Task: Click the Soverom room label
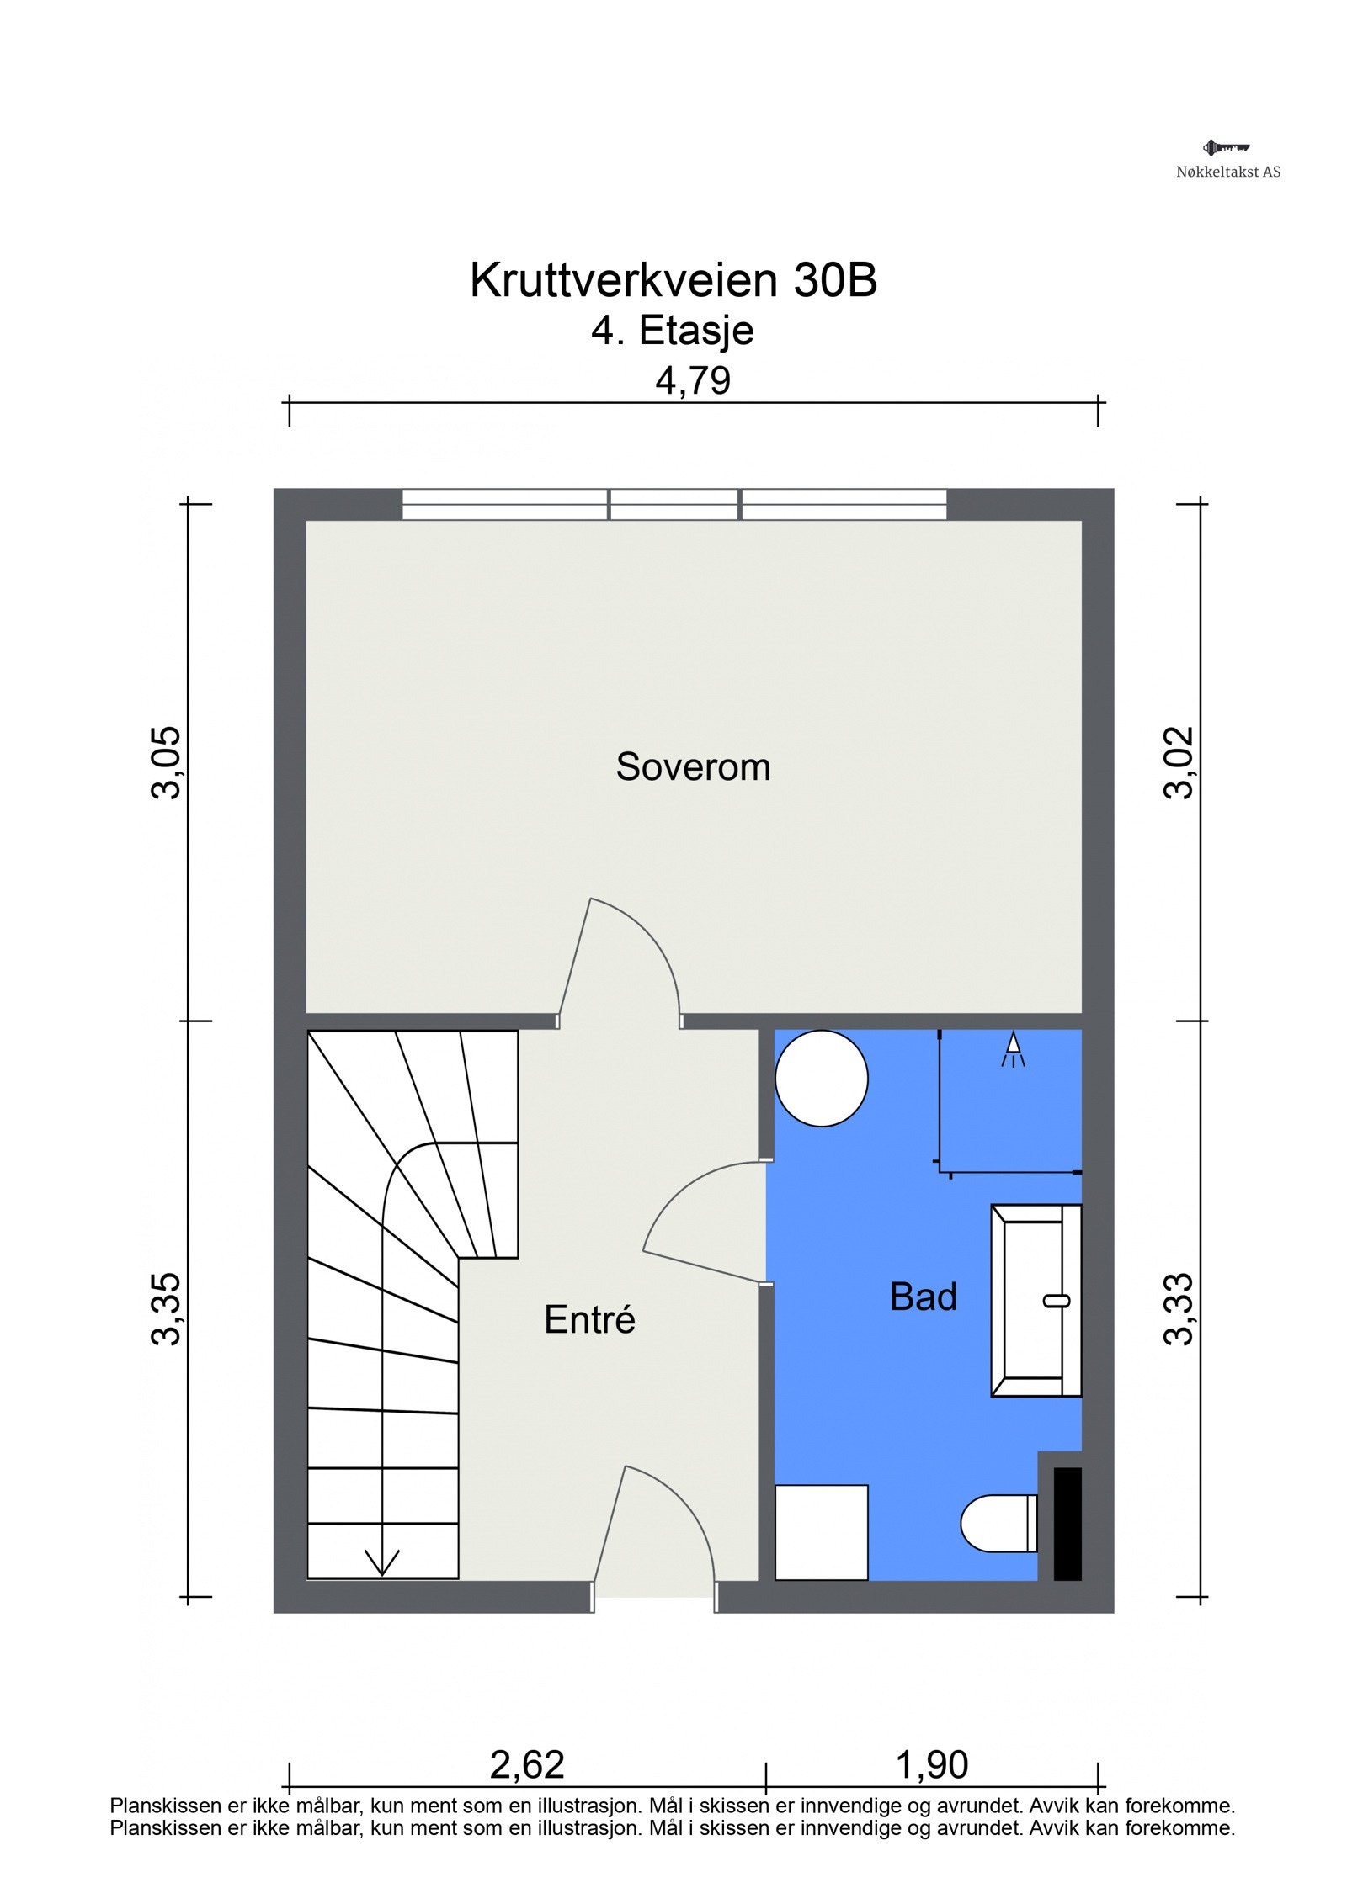pyautogui.click(x=693, y=767)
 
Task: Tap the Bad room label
pyautogui.click(x=923, y=1297)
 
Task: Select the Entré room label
pyautogui.click(x=589, y=1318)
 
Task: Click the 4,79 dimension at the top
pyautogui.click(x=693, y=382)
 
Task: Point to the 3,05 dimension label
pyautogui.click(x=166, y=761)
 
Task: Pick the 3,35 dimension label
pyautogui.click(x=166, y=1309)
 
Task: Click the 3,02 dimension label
pyautogui.click(x=1179, y=761)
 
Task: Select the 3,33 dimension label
pyautogui.click(x=1179, y=1309)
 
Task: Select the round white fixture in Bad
pyautogui.click(x=821, y=1079)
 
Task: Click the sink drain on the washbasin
pyautogui.click(x=1057, y=1301)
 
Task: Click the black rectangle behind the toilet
pyautogui.click(x=1067, y=1524)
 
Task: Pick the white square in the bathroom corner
pyautogui.click(x=821, y=1532)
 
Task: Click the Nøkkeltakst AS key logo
pyautogui.click(x=1227, y=148)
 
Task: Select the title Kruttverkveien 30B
pyautogui.click(x=673, y=279)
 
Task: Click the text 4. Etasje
pyautogui.click(x=672, y=330)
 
